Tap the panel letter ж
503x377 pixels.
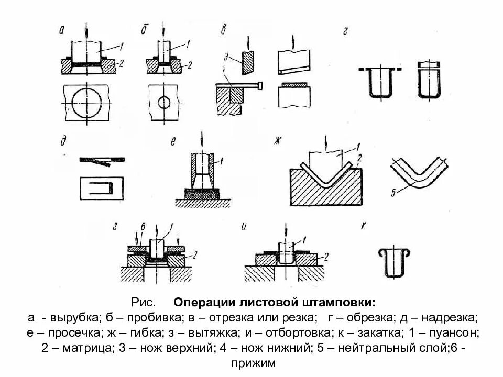278,140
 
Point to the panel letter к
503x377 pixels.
364,226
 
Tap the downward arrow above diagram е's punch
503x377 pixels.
203,141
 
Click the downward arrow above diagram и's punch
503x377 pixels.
285,230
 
